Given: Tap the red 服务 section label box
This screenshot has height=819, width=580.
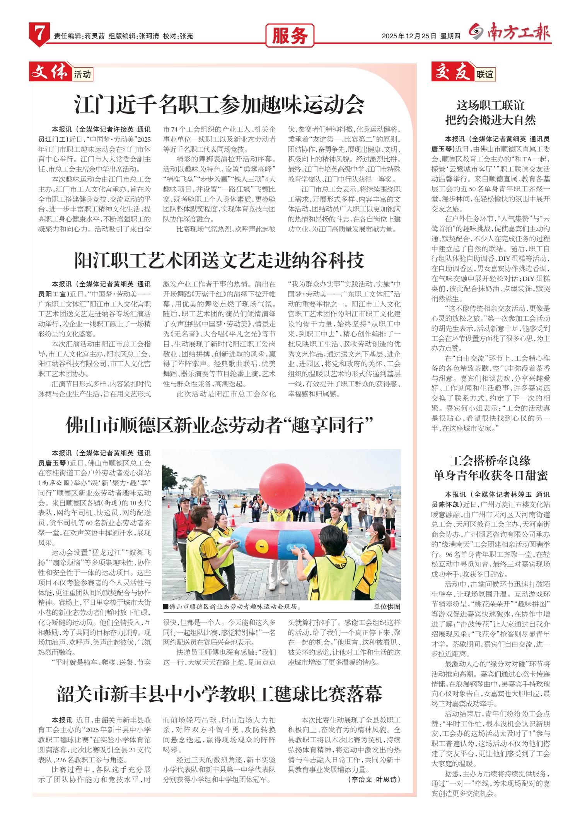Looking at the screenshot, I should (290, 36).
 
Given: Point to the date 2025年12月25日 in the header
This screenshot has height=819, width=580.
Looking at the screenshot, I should (409, 36).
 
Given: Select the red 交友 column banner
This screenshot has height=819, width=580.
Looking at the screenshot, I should (452, 72).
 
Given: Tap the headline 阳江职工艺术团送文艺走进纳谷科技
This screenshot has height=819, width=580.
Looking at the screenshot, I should (219, 260).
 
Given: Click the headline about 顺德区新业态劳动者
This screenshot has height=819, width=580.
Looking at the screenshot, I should (219, 426).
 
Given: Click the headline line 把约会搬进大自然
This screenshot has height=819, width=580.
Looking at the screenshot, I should (490, 120).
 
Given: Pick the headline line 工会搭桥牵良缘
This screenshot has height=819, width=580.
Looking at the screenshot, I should (490, 461).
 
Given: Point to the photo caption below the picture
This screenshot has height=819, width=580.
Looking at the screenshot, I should (232, 607).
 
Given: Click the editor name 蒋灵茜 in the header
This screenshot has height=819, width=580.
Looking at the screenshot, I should (95, 36).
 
